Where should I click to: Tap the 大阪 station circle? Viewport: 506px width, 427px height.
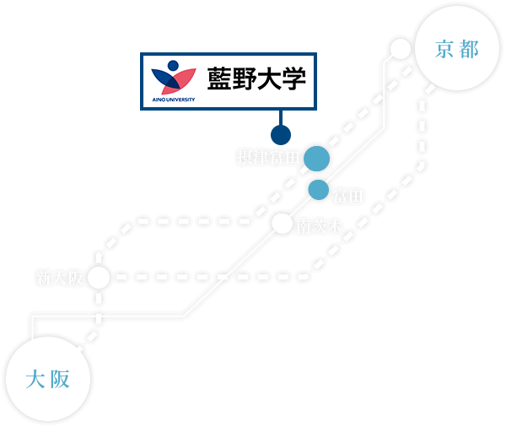pyautogui.click(x=47, y=379)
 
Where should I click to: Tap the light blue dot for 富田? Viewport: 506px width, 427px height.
pyautogui.click(x=318, y=190)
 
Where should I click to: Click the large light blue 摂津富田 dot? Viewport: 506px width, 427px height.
pyautogui.click(x=316, y=159)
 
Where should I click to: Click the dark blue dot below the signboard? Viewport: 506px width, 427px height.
pyautogui.click(x=280, y=135)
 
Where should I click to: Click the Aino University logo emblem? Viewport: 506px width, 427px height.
pyautogui.click(x=173, y=76)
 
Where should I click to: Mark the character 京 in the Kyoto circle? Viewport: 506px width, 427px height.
pyautogui.click(x=444, y=50)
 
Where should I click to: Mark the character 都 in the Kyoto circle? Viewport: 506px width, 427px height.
pyautogui.click(x=469, y=50)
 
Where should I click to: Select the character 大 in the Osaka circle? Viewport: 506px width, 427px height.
pyautogui.click(x=35, y=380)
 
